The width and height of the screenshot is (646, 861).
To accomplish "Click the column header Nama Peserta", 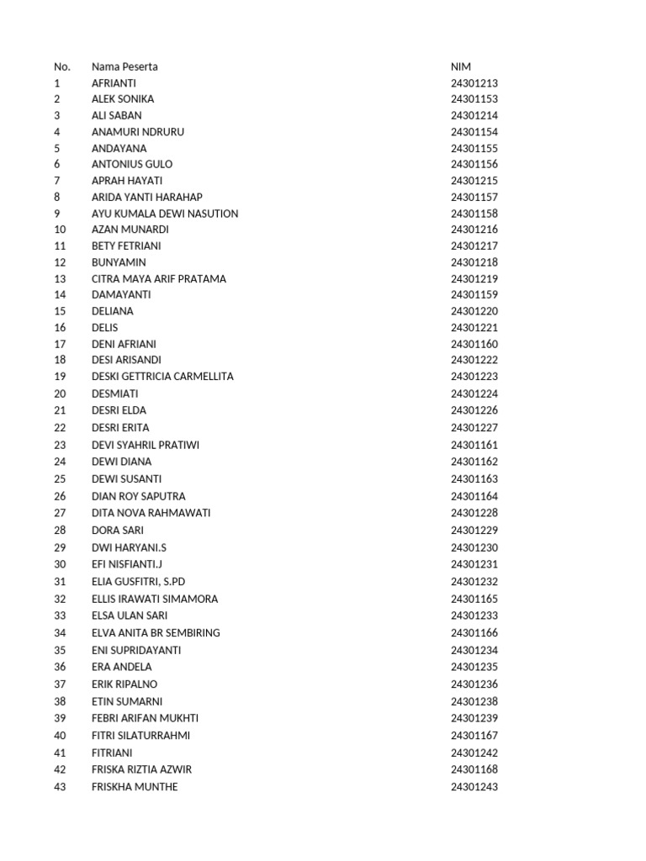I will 124,66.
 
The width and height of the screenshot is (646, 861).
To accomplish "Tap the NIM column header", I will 461,66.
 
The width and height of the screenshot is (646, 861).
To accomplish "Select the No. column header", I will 62,66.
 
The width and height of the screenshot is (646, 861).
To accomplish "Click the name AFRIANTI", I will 114,83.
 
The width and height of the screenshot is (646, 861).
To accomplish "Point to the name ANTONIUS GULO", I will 132,165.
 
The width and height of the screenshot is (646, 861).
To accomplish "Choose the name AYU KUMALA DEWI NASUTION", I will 165,214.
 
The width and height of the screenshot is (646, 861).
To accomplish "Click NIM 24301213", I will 474,83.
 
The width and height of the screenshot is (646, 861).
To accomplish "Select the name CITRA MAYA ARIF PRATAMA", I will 159,278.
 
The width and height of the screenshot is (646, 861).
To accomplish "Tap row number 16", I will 60,328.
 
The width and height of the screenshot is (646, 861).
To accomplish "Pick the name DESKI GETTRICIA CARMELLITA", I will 162,377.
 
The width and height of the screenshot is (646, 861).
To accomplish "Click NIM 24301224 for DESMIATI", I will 474,394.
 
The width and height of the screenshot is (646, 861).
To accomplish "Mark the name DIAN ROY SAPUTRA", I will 139,496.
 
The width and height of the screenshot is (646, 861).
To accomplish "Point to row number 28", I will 60,531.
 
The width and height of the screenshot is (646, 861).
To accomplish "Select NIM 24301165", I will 474,599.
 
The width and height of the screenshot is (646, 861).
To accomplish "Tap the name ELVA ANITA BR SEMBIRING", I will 156,633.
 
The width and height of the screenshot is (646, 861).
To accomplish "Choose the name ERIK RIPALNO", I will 124,684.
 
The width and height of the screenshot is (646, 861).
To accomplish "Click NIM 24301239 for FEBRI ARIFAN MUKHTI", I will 474,718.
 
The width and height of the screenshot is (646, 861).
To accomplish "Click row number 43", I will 60,787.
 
